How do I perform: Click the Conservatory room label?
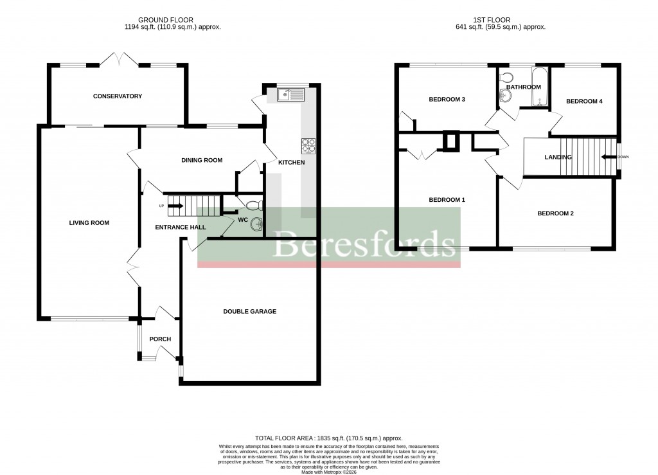click(117, 96)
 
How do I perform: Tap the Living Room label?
click(89, 223)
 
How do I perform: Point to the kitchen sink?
click(292, 95)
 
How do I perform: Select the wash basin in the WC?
click(258, 224)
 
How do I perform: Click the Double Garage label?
click(249, 312)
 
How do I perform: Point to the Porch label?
click(160, 339)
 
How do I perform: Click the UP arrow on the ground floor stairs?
click(175, 206)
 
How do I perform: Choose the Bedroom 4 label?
click(583, 102)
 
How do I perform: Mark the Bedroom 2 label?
click(555, 213)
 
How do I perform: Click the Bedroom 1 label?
click(447, 200)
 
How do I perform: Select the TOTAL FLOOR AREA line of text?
click(328, 438)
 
